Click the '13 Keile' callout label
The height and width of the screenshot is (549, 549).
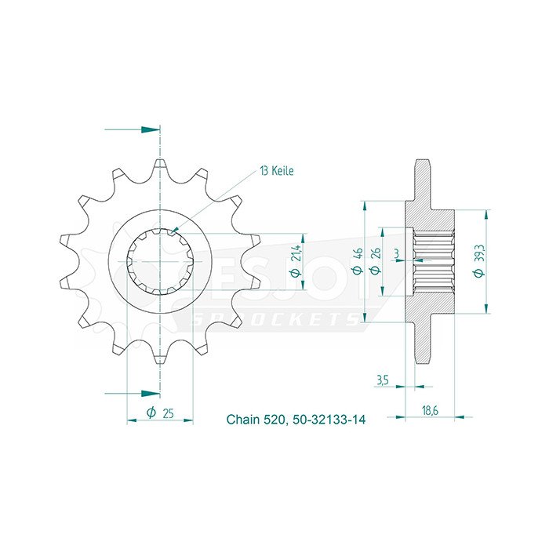[277, 171]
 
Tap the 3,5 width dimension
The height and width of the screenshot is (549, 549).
[383, 380]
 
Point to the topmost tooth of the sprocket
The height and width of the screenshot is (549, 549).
[160, 165]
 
